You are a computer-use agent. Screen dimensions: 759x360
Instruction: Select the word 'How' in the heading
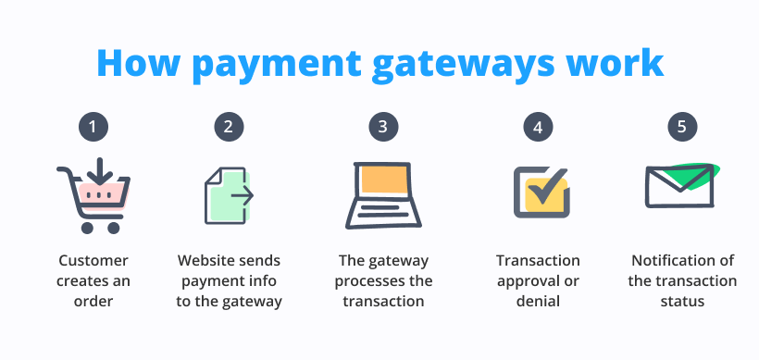(x=135, y=62)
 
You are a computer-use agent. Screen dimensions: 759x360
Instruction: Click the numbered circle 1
(x=93, y=127)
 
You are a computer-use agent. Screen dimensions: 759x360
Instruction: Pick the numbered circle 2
(x=228, y=127)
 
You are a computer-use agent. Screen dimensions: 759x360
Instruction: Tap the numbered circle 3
(x=382, y=127)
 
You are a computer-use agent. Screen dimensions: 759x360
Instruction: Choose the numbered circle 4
(x=538, y=127)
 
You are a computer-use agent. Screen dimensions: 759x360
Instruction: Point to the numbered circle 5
(x=682, y=127)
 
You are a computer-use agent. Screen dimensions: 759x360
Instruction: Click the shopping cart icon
(x=93, y=196)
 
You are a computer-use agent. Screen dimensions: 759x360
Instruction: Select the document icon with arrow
(x=229, y=195)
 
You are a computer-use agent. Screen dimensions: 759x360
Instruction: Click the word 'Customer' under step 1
(x=93, y=261)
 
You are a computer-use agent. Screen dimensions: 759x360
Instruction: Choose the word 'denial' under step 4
(x=538, y=301)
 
